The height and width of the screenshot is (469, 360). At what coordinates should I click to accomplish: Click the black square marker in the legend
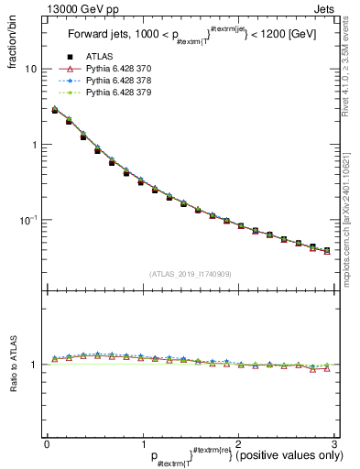[x=70, y=58]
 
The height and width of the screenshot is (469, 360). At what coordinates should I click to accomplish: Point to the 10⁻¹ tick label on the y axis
[x=28, y=220]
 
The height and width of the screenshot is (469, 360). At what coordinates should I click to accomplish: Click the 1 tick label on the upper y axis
[x=34, y=145]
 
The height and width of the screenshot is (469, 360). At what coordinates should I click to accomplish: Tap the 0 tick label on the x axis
[x=47, y=443]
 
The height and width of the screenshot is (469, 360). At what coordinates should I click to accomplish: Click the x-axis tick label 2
[x=238, y=443]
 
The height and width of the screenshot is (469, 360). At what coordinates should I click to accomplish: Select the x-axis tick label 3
[x=333, y=443]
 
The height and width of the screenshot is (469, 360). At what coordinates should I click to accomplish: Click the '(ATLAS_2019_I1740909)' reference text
[x=190, y=273]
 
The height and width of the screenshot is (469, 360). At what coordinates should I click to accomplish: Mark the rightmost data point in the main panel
[x=327, y=250]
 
